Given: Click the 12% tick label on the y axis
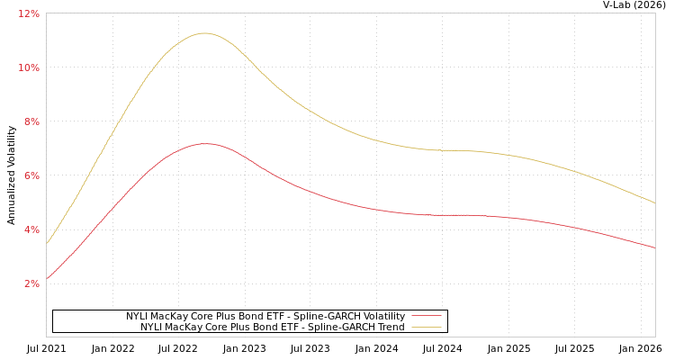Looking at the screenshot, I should click(x=29, y=13).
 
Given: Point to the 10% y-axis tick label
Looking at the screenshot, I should click(x=29, y=67).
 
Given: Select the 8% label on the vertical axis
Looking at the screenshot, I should click(x=31, y=121).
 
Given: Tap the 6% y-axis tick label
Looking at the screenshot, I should click(x=31, y=175).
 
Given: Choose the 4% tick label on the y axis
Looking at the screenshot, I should click(x=31, y=229).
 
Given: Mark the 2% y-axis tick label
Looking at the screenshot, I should click(x=31, y=283).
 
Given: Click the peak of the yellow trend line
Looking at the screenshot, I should click(x=204, y=33).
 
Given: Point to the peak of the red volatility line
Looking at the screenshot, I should click(x=206, y=144).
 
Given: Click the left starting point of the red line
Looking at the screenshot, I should click(x=47, y=278).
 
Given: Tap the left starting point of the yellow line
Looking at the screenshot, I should click(x=47, y=243).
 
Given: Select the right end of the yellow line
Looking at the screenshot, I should click(x=654, y=202).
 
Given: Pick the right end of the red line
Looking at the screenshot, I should click(x=654, y=247).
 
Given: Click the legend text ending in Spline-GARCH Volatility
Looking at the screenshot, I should click(x=265, y=317).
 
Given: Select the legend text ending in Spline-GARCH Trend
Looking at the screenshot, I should click(x=273, y=328).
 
